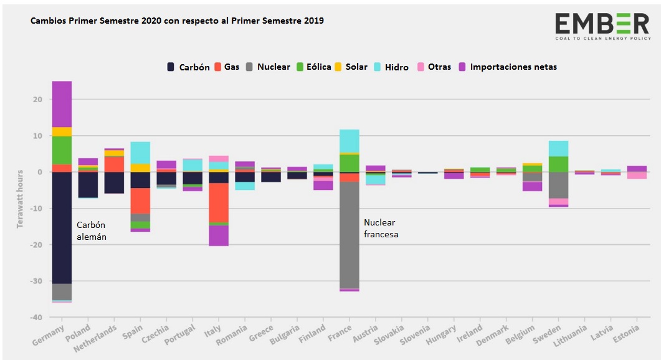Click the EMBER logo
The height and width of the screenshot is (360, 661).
coord(602,26)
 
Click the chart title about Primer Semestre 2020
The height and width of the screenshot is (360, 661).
coord(177,21)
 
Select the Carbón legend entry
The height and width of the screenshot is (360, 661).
coord(189,67)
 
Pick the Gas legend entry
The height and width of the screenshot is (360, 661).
coord(227,67)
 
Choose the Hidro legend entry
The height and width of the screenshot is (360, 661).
coord(391,67)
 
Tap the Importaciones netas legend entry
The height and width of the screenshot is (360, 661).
coord(507,67)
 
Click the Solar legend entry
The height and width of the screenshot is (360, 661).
coord(352,67)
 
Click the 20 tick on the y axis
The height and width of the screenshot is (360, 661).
coord(37,100)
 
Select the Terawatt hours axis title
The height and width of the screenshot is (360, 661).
coord(20,198)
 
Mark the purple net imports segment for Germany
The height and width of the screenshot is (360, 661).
coord(62,104)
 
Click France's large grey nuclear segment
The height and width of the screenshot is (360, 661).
coord(349,235)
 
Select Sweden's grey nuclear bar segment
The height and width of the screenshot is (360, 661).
coord(558,185)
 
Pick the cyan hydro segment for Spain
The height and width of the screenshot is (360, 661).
coord(140,153)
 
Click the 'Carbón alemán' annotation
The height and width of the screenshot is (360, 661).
coord(92,230)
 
